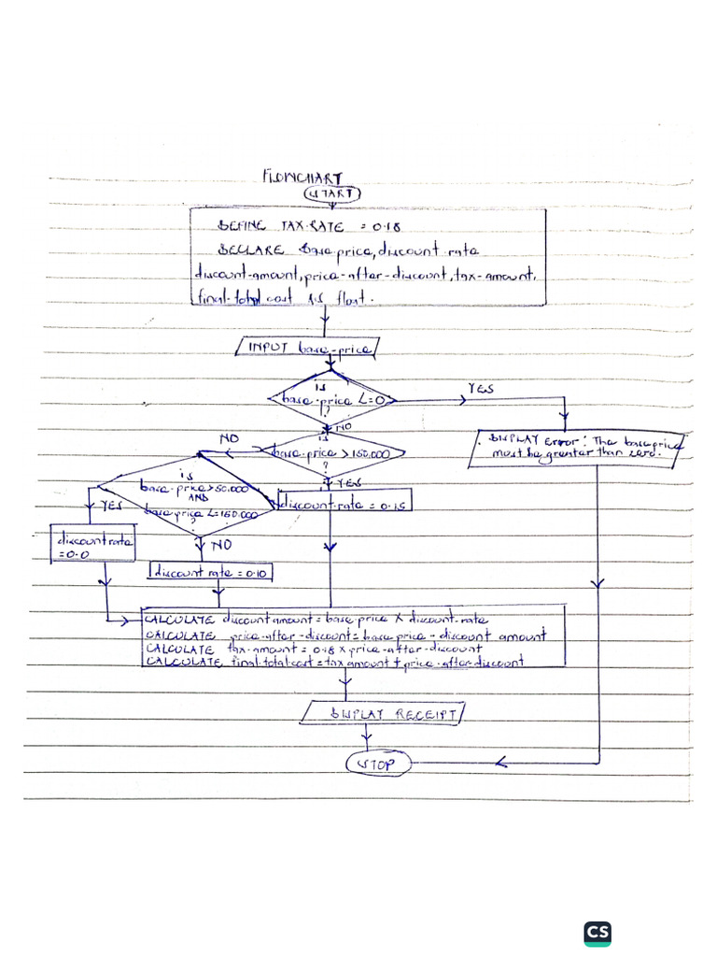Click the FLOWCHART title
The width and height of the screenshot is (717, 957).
coord(302,176)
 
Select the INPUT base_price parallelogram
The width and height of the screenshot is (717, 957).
coord(308,348)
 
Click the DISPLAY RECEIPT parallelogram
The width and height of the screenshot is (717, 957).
coord(383,714)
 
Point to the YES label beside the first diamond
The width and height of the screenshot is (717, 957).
coord(479,389)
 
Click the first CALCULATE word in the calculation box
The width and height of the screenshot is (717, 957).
coord(180,619)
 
